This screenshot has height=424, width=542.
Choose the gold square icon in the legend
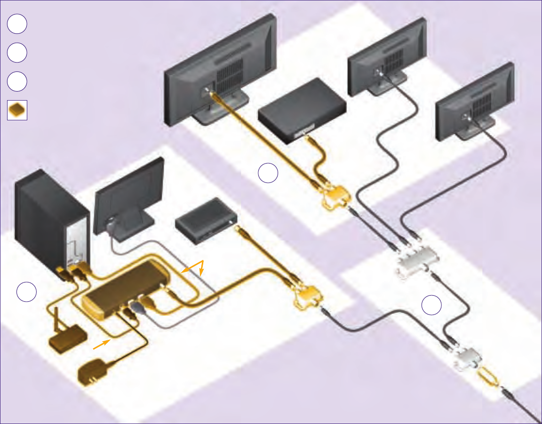click(17, 110)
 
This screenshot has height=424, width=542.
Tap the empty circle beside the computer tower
click(27, 292)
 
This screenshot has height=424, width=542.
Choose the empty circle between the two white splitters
click(431, 306)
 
